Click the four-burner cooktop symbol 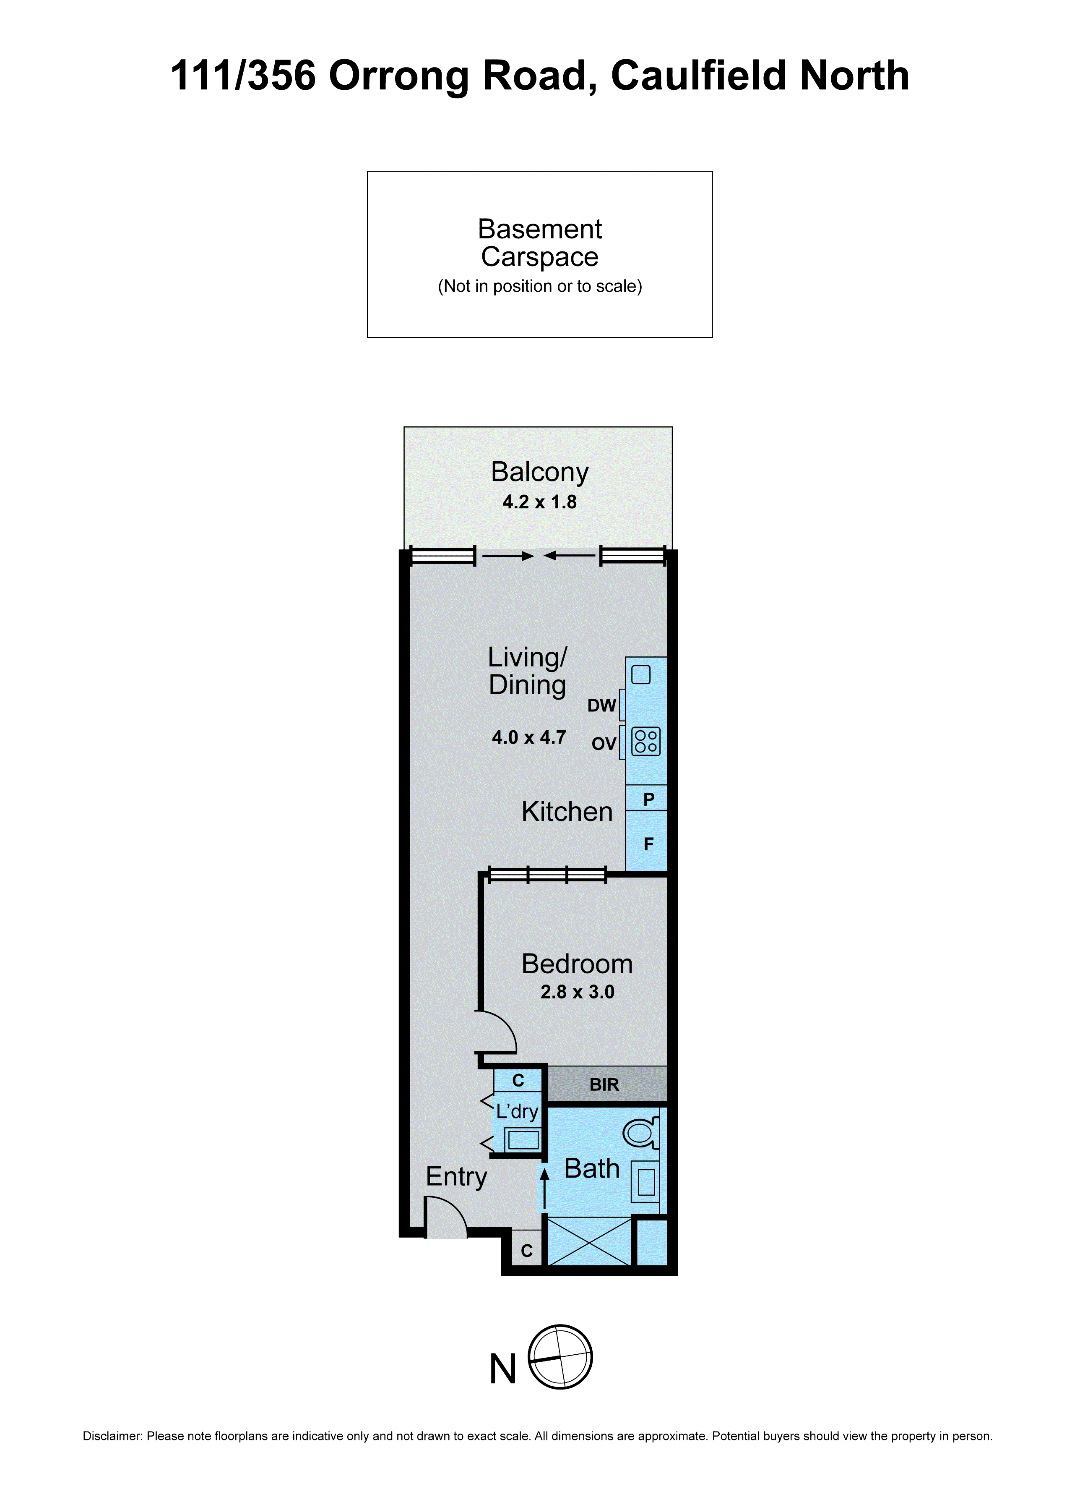(x=645, y=741)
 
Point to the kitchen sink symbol (x=640, y=674)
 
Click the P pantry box (x=648, y=799)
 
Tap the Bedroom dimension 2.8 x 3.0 (x=577, y=992)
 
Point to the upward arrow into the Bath (x=544, y=1189)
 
